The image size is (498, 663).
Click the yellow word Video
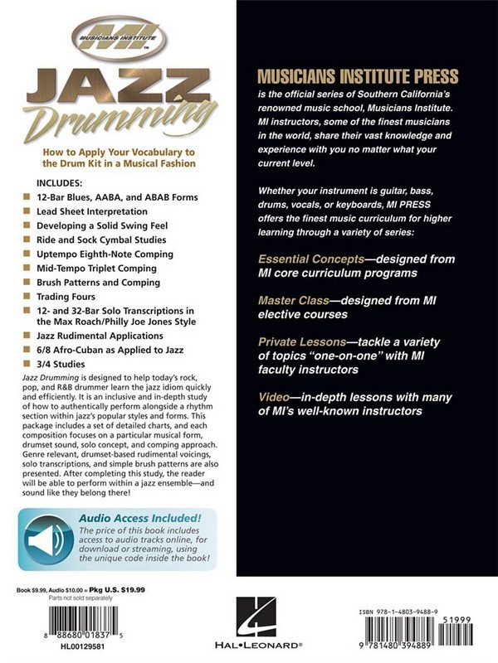[x=274, y=397]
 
